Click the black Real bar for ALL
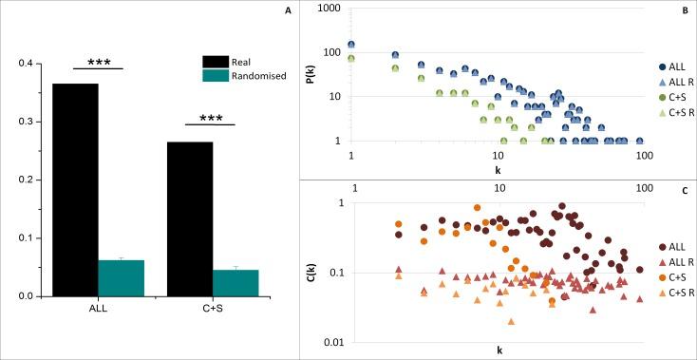click(75, 190)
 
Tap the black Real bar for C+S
click(189, 218)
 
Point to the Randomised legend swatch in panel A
click(217, 76)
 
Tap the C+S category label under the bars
click(213, 309)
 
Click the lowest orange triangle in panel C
click(512, 322)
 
